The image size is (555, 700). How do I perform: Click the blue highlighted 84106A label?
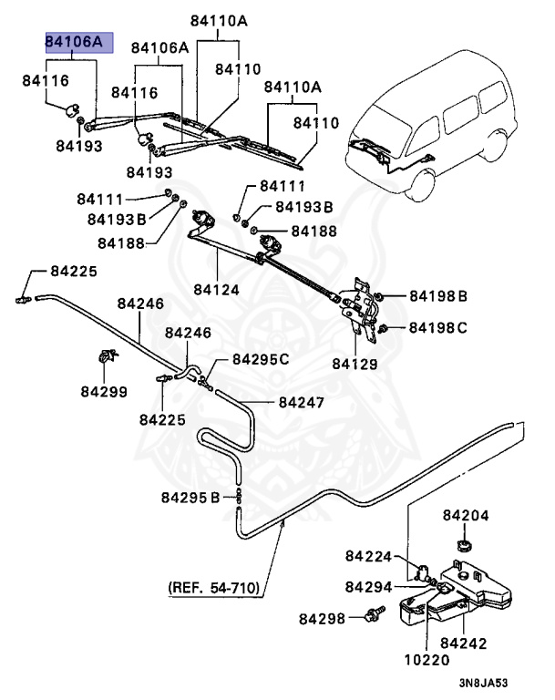point(79,42)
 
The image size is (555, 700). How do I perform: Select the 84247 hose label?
point(303,401)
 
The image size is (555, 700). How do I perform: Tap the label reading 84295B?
point(190,497)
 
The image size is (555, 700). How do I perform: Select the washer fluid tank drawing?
point(456,592)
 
